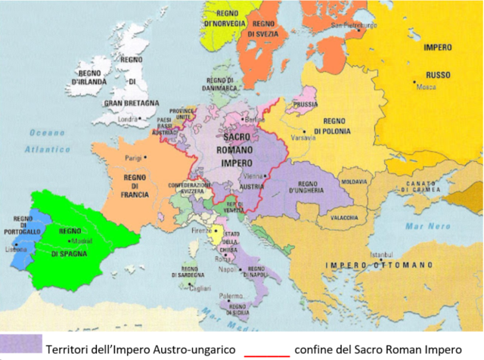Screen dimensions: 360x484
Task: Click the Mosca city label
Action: click(428, 87)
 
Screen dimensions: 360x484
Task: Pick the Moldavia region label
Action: click(352, 182)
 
